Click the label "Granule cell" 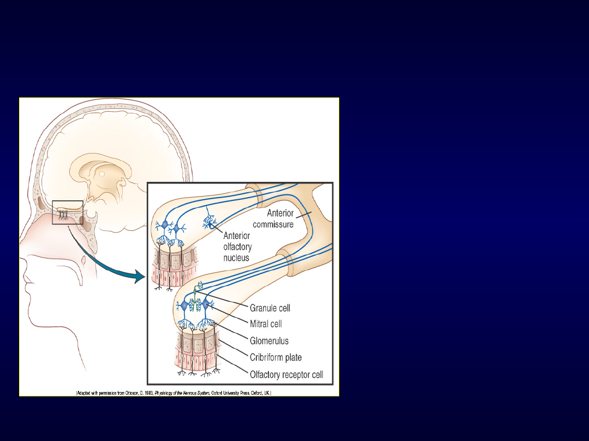[270, 308]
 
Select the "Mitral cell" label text [266, 324]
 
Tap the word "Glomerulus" [269, 341]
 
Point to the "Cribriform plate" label [276, 358]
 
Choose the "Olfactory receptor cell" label [286, 375]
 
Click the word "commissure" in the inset [273, 224]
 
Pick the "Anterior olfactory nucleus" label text [238, 246]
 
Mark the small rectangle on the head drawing [68, 212]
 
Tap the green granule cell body [200, 285]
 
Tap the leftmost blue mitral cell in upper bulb [165, 225]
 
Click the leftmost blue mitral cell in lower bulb [184, 306]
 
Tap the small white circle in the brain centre [101, 174]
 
